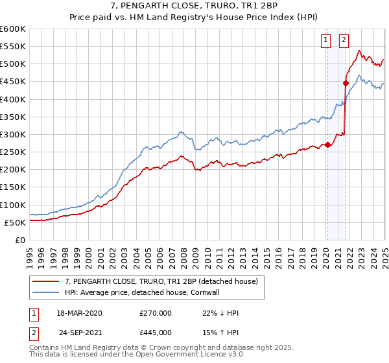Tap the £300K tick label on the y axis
(x=12, y=134)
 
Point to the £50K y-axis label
(x=14, y=222)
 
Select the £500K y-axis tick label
(x=12, y=64)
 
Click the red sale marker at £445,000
(x=346, y=83)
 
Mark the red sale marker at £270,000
(x=328, y=145)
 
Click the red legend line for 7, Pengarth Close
(x=46, y=281)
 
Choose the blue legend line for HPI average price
(x=46, y=292)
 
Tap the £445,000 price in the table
(x=156, y=332)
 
